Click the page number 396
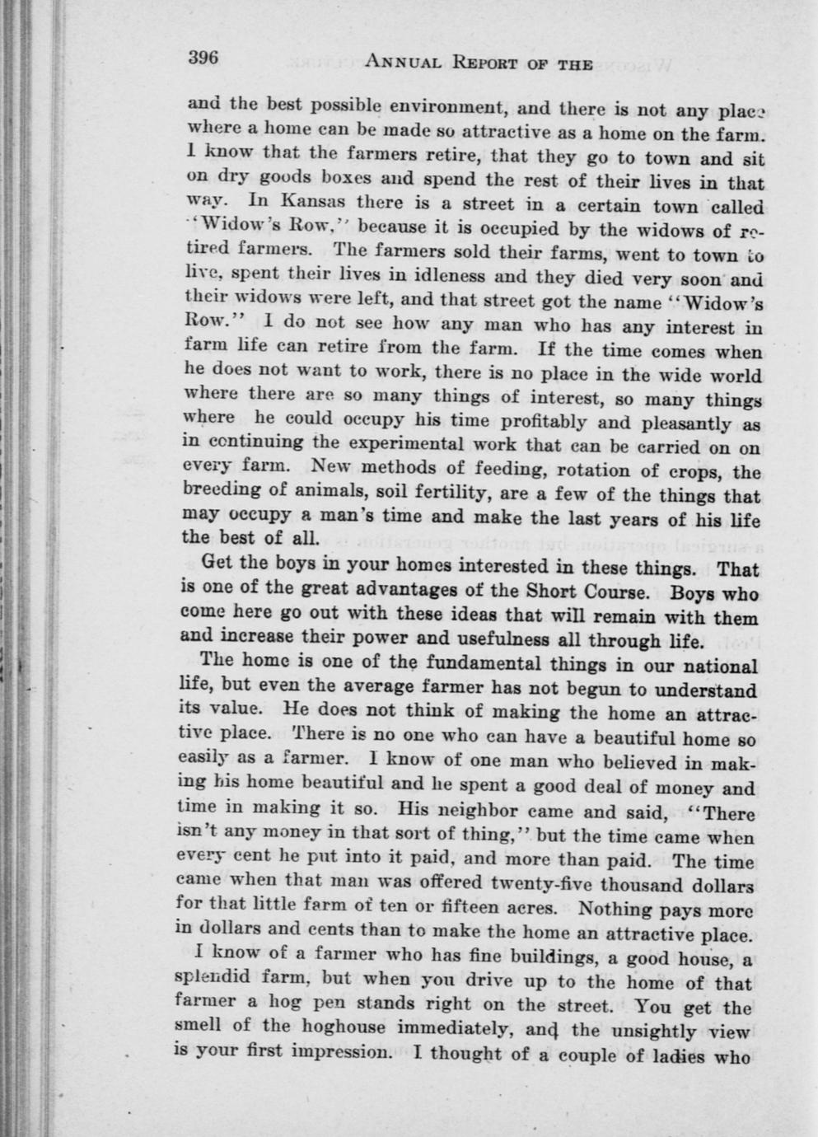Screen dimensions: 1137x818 203,58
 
